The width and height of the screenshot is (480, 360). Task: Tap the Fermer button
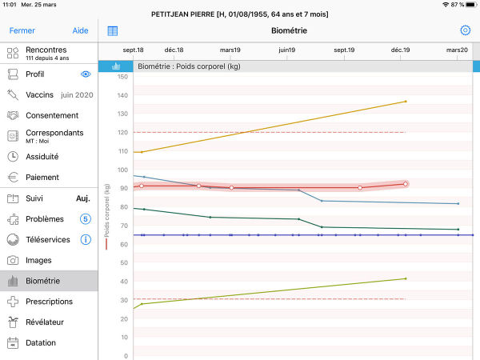click(22, 30)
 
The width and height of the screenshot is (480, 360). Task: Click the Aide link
click(81, 30)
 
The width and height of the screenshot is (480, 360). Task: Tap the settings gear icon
click(465, 30)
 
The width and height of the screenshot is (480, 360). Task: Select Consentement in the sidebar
click(52, 115)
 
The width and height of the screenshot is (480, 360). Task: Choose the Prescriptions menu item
click(49, 302)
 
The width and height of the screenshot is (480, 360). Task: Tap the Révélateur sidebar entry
click(44, 322)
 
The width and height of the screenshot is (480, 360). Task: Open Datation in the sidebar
click(41, 343)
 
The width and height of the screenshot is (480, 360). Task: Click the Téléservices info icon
click(86, 239)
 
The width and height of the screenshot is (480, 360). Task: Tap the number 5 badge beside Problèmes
click(86, 218)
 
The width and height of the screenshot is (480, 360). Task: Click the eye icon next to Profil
click(86, 74)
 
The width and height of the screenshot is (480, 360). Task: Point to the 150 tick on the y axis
click(122, 77)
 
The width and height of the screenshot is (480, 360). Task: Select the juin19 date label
click(287, 50)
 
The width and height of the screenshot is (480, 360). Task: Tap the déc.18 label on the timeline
click(174, 50)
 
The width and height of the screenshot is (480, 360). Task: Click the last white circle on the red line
click(406, 184)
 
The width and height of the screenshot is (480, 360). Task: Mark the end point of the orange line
click(406, 102)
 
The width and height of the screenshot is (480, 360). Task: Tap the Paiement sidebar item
click(42, 178)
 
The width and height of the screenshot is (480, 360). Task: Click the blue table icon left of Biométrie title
click(113, 30)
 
